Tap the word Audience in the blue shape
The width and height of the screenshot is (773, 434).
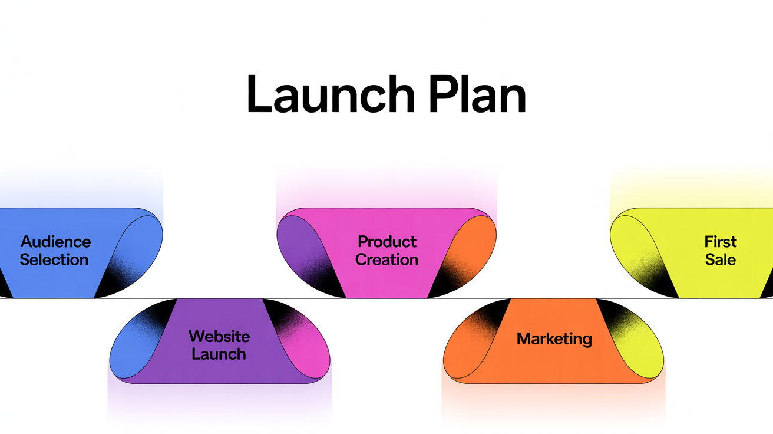click(55, 242)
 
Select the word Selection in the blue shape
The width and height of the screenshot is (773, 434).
click(54, 259)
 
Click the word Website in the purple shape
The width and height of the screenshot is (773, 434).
click(219, 337)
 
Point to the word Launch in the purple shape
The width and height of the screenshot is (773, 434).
click(219, 354)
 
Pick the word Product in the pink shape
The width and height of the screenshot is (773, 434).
click(387, 242)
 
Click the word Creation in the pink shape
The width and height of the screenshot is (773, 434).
click(387, 259)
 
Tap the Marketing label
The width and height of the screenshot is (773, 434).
click(554, 339)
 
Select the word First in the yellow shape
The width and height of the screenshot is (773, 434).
click(721, 242)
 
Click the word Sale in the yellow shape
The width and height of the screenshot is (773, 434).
click(721, 259)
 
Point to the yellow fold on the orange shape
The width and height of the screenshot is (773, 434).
click(639, 348)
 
